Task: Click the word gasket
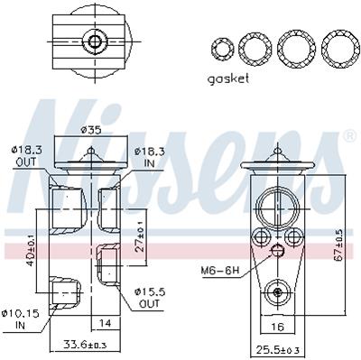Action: click(x=228, y=79)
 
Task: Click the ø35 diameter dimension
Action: click(x=91, y=130)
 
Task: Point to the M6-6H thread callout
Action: click(x=220, y=271)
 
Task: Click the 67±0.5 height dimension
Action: click(x=339, y=245)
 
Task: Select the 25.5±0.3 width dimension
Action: click(x=278, y=350)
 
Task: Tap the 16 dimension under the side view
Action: click(x=277, y=327)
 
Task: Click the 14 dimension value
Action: click(x=105, y=323)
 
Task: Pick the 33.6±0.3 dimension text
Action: click(x=85, y=344)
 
